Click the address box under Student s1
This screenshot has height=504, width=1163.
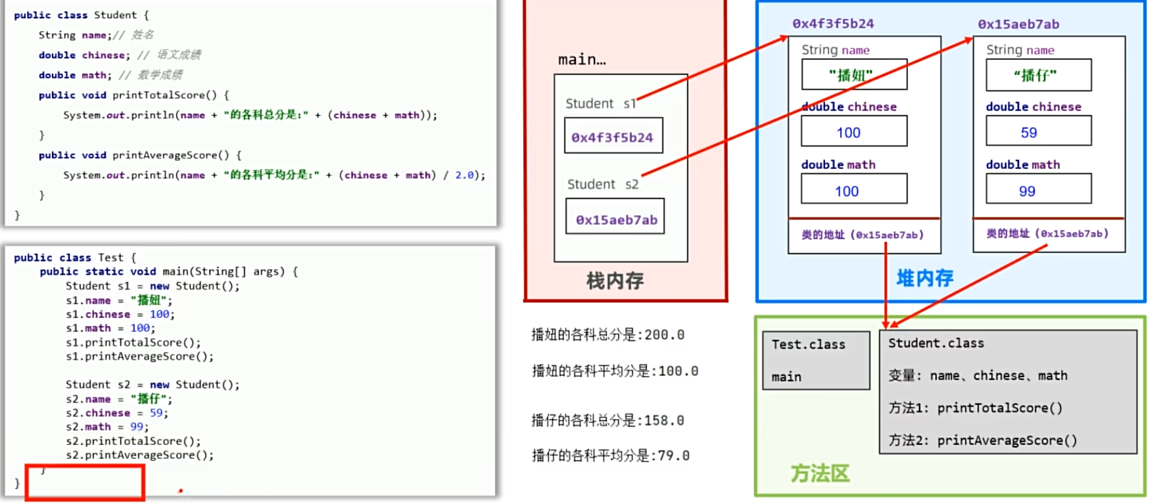613,136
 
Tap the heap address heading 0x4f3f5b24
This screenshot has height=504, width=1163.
833,24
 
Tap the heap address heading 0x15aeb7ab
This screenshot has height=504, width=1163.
1018,24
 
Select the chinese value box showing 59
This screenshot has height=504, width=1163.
1038,131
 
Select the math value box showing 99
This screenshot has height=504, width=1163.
1038,190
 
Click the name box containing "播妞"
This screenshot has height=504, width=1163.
853,75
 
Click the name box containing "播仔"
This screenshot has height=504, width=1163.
1038,75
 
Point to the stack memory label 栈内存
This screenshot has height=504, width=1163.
615,281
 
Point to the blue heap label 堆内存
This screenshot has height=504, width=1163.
924,278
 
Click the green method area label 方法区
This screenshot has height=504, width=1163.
820,472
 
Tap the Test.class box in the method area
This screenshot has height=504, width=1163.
815,359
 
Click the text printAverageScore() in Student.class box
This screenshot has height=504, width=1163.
1007,440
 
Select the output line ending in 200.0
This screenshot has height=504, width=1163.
607,334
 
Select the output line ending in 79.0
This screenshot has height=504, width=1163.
610,455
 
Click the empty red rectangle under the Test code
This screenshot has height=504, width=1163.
85,483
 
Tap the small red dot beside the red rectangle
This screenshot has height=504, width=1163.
180,490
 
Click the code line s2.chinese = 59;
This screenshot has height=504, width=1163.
117,413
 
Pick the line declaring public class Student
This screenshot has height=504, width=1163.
82,14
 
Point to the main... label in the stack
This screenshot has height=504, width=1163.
582,60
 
